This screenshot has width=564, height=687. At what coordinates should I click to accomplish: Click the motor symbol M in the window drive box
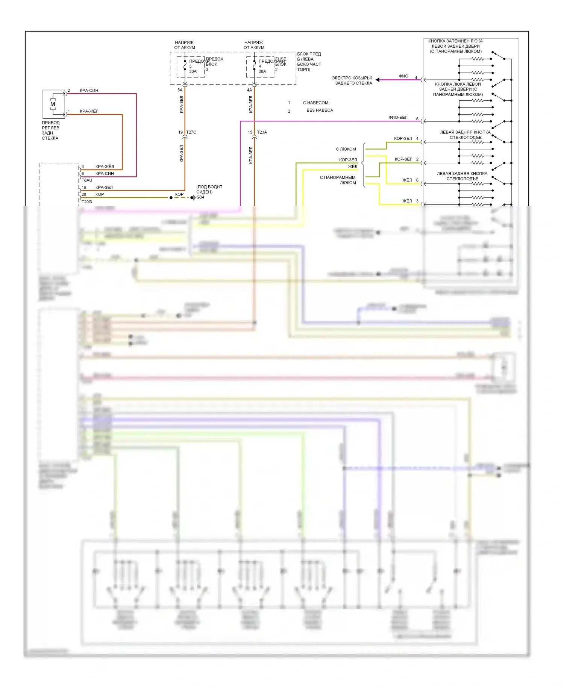pos(53,104)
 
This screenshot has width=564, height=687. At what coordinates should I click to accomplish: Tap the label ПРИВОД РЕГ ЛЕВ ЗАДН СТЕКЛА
pos(50,130)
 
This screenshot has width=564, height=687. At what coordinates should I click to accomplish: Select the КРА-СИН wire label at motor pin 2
pos(89,91)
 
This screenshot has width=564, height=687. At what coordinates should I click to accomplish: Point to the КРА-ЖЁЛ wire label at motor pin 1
pos(89,111)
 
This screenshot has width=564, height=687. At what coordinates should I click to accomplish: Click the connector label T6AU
pos(87,180)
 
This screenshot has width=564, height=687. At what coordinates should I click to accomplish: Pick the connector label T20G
pos(87,202)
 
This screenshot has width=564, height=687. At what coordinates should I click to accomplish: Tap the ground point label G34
pos(200,197)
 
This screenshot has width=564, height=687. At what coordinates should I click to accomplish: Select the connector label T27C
pos(191,132)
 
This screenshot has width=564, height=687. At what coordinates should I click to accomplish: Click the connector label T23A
pos(262,132)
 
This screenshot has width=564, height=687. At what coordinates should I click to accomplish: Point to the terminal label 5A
pos(180,90)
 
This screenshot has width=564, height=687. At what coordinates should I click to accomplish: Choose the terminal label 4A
pos(249,90)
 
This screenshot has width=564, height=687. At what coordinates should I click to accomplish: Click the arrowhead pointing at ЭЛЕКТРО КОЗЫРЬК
pos(378,80)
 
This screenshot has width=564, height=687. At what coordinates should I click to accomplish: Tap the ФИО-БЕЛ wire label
pos(398,118)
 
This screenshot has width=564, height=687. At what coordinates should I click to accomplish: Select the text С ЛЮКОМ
pos(346,149)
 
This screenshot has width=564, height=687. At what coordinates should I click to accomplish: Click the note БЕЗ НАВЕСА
pos(320,110)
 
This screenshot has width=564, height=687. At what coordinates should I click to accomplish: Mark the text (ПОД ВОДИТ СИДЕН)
pos(209,189)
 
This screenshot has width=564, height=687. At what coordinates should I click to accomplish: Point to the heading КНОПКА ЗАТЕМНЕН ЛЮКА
pos(455,41)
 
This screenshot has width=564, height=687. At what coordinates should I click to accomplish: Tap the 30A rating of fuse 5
pos(193,71)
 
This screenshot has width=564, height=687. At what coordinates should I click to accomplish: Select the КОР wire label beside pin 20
pos(100,194)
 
